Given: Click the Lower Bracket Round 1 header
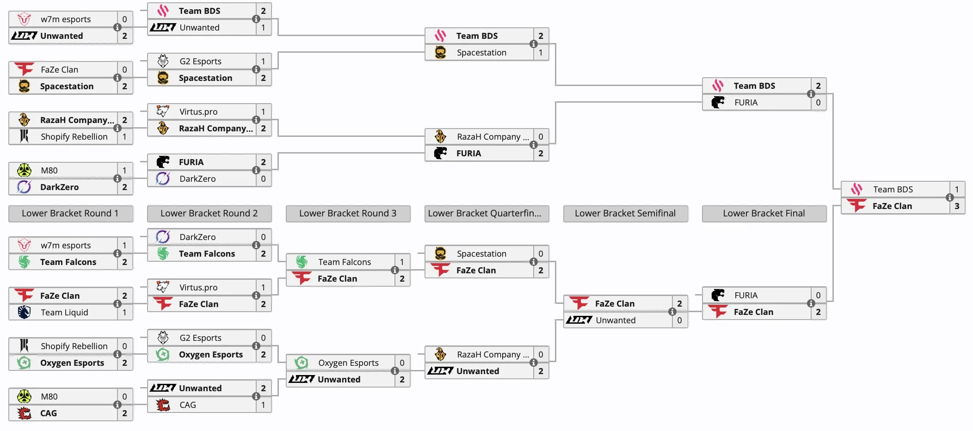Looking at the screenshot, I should [x=70, y=213].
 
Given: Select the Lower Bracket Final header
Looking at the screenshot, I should [x=764, y=213].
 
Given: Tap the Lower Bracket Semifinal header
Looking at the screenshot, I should [x=625, y=213].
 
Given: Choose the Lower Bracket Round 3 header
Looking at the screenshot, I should [x=347, y=213].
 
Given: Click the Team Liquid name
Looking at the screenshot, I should [x=64, y=312].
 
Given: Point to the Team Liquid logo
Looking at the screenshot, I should [x=24, y=312].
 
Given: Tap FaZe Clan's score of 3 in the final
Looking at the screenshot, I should [x=957, y=206].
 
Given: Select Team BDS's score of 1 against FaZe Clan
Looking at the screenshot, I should [x=957, y=189].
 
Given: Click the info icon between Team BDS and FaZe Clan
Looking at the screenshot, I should [x=949, y=197].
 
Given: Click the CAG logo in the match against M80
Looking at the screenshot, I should [x=24, y=413].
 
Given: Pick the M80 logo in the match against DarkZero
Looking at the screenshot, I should [x=24, y=170].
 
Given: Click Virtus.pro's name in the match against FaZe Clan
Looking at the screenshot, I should [x=198, y=287].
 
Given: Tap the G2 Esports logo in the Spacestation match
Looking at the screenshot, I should [x=163, y=61].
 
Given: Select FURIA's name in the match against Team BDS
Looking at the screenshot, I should [x=746, y=102].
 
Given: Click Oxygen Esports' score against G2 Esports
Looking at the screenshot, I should [x=263, y=354].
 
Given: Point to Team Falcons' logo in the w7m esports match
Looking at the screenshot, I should [x=24, y=262].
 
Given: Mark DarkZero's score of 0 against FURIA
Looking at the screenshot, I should [x=263, y=179].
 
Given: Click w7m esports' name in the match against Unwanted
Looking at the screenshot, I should [x=66, y=19].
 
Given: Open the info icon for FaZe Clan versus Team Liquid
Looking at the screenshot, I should [x=117, y=304].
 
